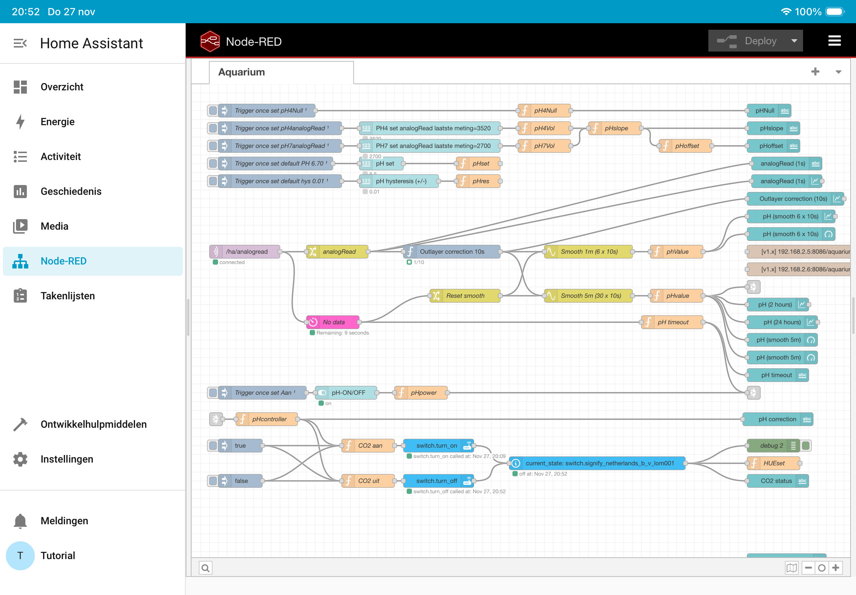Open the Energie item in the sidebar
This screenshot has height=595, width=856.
point(57,122)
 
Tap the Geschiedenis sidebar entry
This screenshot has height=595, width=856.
point(71,191)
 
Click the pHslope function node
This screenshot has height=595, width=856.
point(615,128)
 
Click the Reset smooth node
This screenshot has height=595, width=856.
point(465,296)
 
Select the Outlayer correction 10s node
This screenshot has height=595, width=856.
point(452,252)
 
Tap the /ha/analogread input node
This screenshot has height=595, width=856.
point(245,252)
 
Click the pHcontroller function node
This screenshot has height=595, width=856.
point(267,419)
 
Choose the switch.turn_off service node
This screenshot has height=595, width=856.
point(439,481)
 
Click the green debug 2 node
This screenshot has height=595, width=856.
point(773,446)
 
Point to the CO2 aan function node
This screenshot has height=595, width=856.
point(368,446)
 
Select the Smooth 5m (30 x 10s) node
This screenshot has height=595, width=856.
point(588,296)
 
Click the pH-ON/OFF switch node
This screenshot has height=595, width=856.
point(346,393)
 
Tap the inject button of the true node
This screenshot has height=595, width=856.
point(213,446)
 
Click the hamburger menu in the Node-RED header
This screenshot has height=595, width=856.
point(834,41)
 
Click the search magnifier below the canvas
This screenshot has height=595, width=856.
point(205,568)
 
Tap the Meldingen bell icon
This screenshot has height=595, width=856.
point(20,521)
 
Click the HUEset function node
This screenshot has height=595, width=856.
point(774,463)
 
